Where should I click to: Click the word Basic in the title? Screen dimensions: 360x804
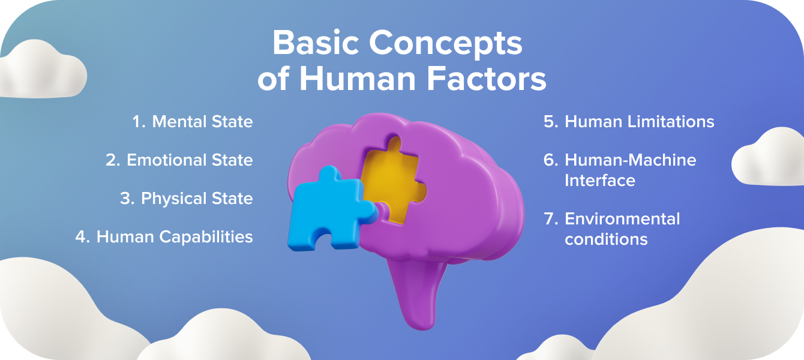pos(315,44)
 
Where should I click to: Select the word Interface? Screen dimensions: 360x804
pos(600,181)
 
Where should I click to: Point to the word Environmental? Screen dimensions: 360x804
pos(622,219)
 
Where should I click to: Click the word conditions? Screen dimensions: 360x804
pos(606,239)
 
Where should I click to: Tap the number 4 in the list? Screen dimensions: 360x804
pos(82,237)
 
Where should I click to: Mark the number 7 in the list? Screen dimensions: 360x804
pos(551,219)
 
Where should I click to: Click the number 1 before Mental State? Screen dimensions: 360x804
pos(138,122)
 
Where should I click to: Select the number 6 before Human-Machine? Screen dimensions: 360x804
pos(551,160)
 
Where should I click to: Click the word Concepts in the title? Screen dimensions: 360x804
pos(446,44)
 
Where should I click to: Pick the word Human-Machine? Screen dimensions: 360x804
pos(631,160)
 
